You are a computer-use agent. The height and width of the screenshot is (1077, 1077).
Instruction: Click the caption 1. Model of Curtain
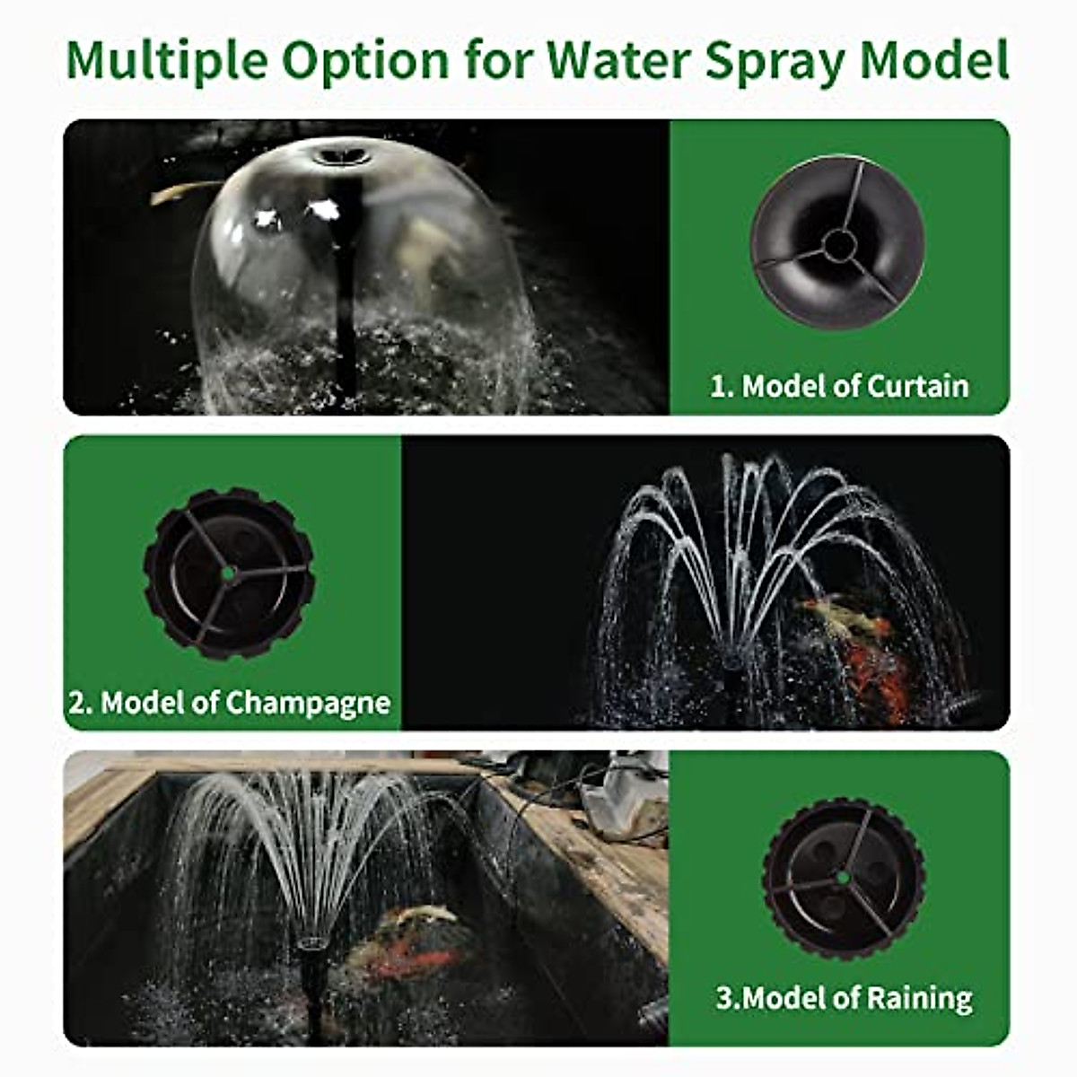(x=839, y=386)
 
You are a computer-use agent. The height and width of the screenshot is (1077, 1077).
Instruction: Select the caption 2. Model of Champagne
(x=230, y=702)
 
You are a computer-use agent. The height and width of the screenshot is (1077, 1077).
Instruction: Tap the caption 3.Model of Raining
(x=844, y=998)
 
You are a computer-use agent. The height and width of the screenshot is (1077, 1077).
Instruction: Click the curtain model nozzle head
(x=836, y=242)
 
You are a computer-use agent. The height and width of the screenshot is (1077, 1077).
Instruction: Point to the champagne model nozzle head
(x=229, y=573)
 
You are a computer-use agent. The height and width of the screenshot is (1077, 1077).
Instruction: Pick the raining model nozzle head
(x=844, y=877)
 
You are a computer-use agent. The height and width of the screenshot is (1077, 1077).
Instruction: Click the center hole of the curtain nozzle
(x=839, y=242)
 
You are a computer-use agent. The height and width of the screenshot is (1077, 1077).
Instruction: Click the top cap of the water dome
(x=342, y=157)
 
